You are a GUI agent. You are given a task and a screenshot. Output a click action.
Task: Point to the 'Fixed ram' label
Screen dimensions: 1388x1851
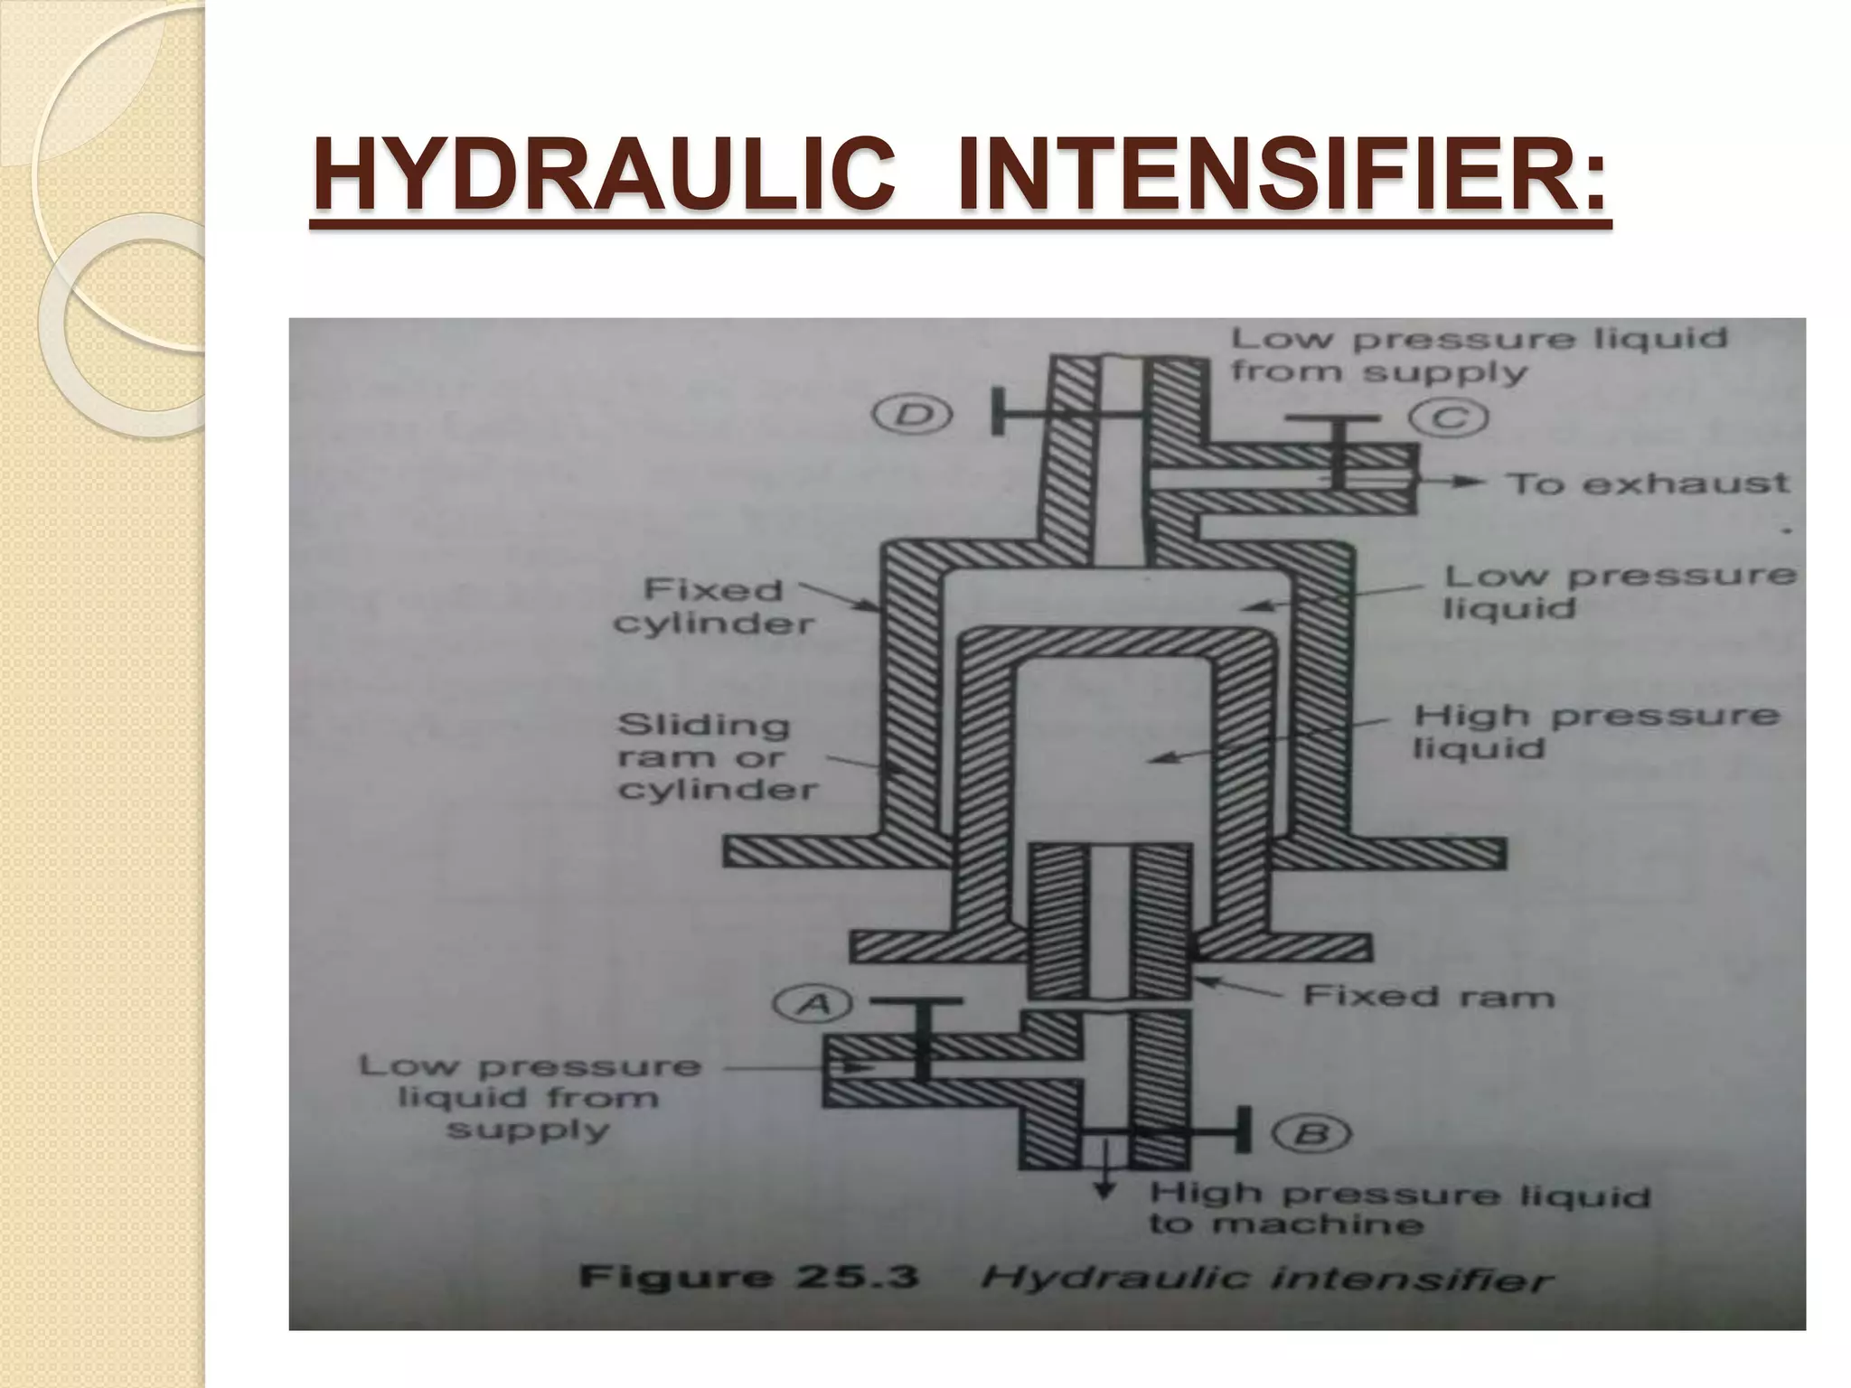tap(1428, 997)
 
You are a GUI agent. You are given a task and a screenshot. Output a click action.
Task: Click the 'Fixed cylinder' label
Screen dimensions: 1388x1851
tap(714, 606)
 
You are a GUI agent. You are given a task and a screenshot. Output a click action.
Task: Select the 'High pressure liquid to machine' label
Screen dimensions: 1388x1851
tap(1398, 1209)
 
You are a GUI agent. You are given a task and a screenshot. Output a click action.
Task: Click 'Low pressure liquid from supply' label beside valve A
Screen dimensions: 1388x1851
tap(530, 1097)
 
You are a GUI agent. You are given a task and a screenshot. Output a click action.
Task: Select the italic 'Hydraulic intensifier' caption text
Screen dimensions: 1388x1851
tap(1266, 1280)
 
